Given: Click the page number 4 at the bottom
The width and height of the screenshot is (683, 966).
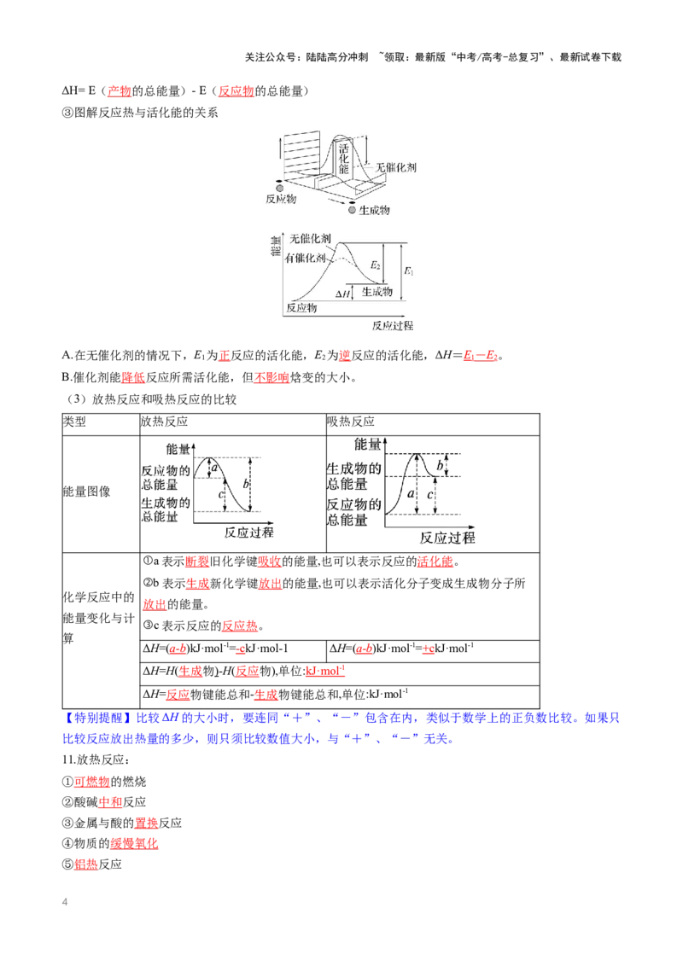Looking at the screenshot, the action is [65, 902].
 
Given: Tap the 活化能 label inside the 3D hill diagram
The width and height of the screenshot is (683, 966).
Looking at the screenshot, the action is [343, 159].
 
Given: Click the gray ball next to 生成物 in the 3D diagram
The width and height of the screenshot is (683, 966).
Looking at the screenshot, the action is [352, 210].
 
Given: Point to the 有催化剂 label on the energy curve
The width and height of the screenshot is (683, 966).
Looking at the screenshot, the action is [305, 258].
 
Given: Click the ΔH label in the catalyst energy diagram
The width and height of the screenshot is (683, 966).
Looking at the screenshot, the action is [342, 294].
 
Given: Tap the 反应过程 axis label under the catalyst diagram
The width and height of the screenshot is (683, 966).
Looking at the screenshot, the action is [393, 325].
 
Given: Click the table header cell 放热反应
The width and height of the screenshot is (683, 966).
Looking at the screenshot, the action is [164, 422].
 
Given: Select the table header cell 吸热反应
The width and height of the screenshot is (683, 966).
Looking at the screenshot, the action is [351, 422].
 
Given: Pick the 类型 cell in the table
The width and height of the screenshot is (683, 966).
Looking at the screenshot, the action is [74, 422].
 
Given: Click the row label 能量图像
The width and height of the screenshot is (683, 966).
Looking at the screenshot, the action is [86, 491].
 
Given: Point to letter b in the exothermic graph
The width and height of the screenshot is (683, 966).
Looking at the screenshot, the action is [246, 484].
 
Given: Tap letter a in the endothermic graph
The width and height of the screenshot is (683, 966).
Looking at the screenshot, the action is [411, 493].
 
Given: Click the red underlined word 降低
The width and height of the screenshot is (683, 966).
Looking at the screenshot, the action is [133, 377].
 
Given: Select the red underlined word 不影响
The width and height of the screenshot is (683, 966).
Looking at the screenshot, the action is [271, 377].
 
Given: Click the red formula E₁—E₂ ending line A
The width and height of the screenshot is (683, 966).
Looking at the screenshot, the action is [480, 355].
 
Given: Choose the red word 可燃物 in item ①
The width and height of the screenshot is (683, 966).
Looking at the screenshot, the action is [92, 781].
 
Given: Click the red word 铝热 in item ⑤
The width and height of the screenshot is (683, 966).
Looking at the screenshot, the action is [86, 864].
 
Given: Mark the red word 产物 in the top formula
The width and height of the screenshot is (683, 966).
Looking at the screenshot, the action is [120, 91].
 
